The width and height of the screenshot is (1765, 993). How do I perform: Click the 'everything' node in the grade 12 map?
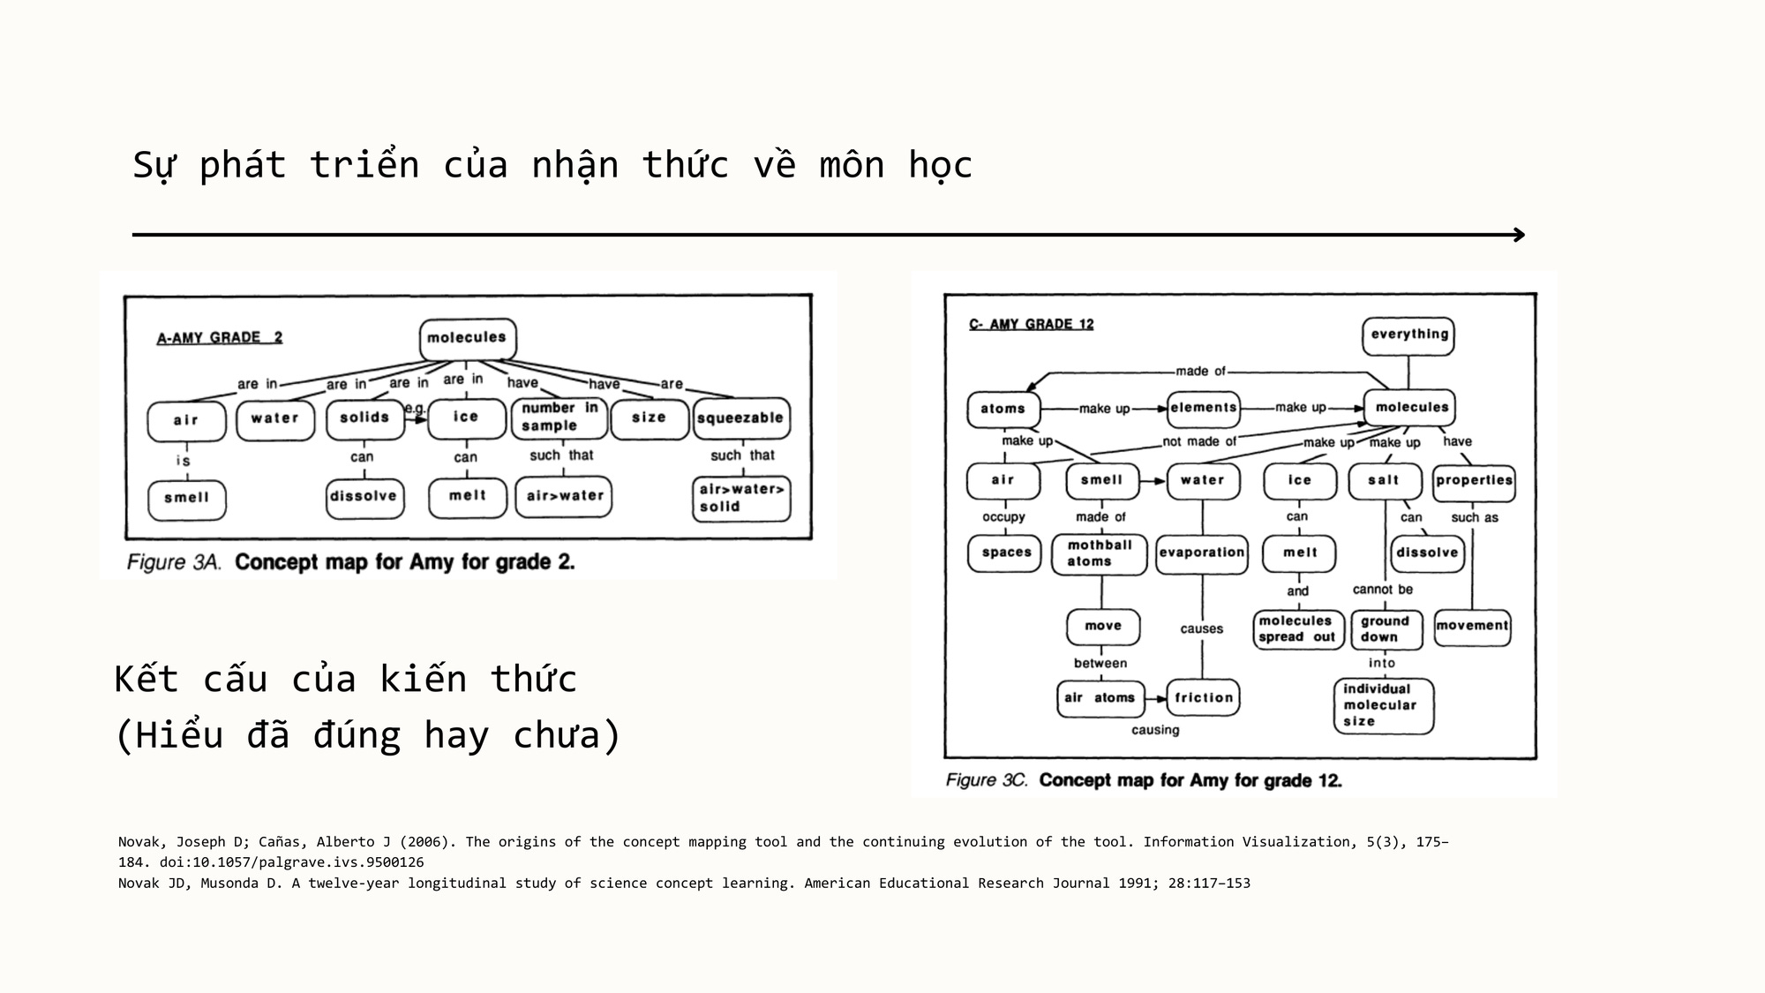click(1408, 335)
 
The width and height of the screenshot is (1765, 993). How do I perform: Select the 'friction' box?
click(1203, 697)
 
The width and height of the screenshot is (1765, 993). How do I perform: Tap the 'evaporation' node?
click(1202, 553)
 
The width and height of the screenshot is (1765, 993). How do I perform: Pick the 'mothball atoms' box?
click(1100, 553)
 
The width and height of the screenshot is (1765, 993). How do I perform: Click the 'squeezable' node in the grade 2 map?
click(740, 418)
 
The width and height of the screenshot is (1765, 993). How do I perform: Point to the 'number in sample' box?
click(560, 418)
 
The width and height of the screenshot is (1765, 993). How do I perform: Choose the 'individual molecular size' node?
click(1382, 705)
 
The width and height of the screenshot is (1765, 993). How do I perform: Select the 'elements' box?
click(1204, 408)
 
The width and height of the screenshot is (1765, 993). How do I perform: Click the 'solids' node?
click(364, 418)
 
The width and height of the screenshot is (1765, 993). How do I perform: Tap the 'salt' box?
click(1384, 481)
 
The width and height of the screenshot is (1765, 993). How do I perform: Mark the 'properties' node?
click(1474, 481)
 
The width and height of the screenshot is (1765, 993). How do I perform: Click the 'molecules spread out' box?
click(1298, 629)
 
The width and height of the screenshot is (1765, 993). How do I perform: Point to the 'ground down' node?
click(1385, 629)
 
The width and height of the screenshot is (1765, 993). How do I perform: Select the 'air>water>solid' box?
click(740, 498)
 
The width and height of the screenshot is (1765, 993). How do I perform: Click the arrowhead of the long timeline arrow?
click(1520, 235)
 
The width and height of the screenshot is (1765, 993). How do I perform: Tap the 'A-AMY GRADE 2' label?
click(220, 338)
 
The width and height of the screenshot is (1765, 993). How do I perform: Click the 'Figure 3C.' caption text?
click(987, 780)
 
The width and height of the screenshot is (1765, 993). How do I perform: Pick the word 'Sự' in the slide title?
click(154, 166)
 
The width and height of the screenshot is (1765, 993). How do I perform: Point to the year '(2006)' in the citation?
click(426, 842)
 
